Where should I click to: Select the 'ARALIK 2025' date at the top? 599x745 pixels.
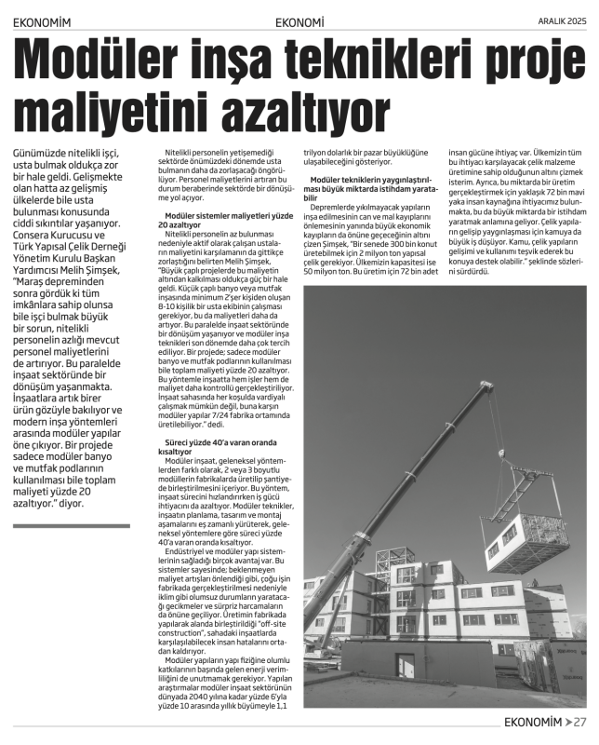562,20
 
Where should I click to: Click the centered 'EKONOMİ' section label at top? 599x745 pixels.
299,21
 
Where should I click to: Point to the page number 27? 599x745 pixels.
579,722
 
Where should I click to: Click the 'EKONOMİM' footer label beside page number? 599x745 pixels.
532,722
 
